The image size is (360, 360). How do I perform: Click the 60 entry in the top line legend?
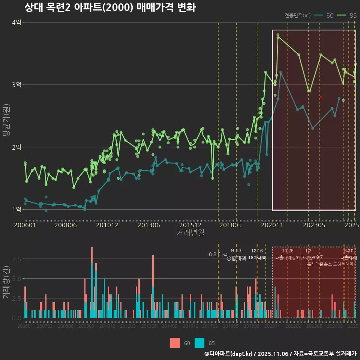tap(330, 15)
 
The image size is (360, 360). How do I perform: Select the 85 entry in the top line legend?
tap(352, 15)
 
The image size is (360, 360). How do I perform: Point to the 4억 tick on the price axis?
tap(16, 22)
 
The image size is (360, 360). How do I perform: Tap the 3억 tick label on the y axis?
tap(16, 85)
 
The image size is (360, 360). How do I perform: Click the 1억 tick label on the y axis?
tap(16, 209)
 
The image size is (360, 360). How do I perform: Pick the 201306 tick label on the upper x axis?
tap(148, 225)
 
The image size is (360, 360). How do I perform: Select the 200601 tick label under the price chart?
tap(25, 225)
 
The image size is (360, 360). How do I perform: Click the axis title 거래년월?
tap(190, 233)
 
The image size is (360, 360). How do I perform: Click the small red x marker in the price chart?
tap(321, 97)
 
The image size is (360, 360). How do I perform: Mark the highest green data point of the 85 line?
tap(278, 35)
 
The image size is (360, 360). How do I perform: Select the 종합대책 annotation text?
tap(236, 258)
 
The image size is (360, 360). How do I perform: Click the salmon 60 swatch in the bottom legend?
tap(175, 343)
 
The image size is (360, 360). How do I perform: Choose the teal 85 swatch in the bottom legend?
tap(199, 343)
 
